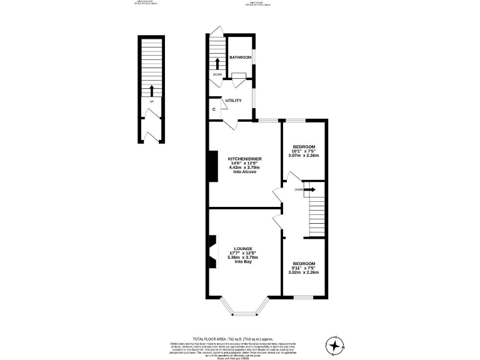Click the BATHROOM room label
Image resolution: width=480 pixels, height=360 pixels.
[240, 57]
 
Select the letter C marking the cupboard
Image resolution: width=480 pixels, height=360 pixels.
[214, 109]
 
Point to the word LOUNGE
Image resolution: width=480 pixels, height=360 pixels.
[244, 248]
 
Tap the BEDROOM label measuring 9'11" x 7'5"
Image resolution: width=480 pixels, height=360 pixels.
[304, 263]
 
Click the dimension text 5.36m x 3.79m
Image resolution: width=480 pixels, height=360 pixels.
[244, 257]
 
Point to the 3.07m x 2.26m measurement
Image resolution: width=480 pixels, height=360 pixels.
[304, 155]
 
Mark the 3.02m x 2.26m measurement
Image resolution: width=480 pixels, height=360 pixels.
[304, 272]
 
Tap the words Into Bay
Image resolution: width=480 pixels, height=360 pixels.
[244, 262]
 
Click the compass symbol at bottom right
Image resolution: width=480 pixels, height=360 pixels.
[336, 344]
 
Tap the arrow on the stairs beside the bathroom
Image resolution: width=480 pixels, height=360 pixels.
[217, 63]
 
